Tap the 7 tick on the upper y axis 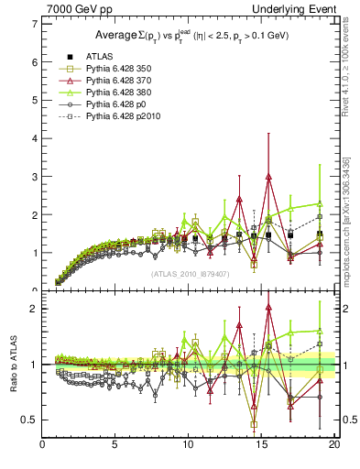click(x=34, y=24)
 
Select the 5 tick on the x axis click(x=115, y=446)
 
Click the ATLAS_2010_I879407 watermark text click(x=189, y=273)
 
